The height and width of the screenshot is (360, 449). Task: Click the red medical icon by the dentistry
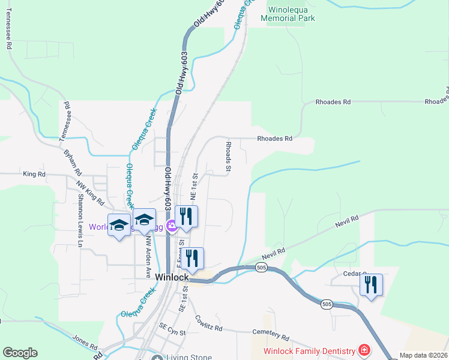click(x=364, y=349)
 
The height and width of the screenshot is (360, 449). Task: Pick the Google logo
click(x=20, y=353)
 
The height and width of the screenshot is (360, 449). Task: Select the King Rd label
click(x=34, y=174)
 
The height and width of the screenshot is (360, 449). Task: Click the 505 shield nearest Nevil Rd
click(x=261, y=266)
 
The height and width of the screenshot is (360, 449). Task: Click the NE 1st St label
click(x=194, y=187)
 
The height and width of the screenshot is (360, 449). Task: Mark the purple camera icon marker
click(x=172, y=226)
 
